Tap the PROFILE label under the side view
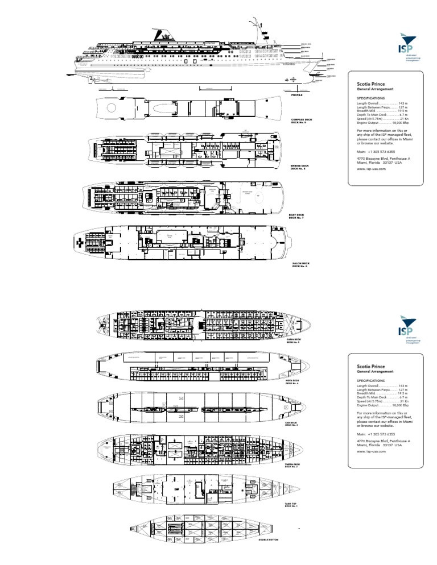(x=296, y=95)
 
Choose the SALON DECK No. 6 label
(x=300, y=264)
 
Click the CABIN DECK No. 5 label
(x=294, y=340)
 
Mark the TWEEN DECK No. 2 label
(x=293, y=466)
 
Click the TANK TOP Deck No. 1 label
(x=291, y=504)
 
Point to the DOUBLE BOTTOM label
(x=270, y=555)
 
